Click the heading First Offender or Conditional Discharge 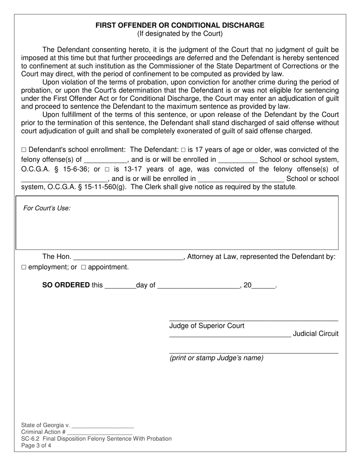click(180, 25)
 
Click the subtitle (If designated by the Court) click(180, 34)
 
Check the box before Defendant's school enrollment click(23, 150)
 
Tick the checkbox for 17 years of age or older click(183, 150)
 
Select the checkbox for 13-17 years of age click(107, 169)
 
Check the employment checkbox click(24, 267)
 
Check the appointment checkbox click(84, 267)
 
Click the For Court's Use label click(47, 208)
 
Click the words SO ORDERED click(66, 285)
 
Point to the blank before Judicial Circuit click(230, 335)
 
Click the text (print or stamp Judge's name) click(216, 358)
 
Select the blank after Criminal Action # click(100, 433)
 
